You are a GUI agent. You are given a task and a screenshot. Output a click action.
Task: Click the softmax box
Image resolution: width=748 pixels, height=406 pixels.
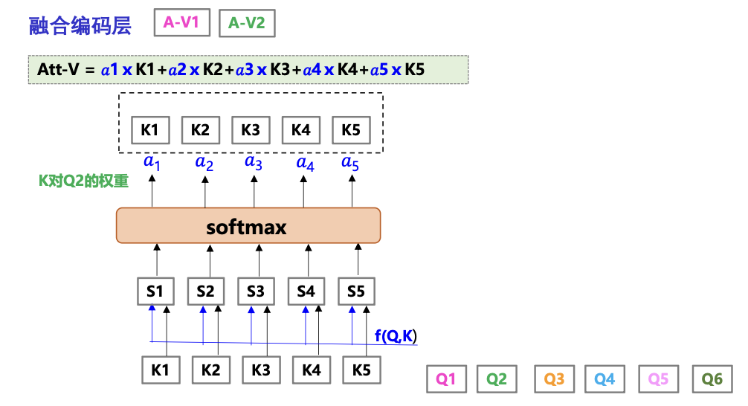248,225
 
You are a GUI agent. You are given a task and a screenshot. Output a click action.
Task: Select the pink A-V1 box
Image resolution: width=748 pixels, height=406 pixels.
181,23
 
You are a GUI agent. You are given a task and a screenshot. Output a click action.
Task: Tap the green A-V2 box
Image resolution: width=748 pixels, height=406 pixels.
246,23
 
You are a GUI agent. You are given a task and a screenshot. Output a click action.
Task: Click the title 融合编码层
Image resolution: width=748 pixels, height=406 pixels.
80,25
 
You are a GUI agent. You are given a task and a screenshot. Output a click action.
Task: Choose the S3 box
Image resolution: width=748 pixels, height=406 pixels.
256,291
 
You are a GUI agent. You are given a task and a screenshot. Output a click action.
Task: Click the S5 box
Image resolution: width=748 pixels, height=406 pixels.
356,291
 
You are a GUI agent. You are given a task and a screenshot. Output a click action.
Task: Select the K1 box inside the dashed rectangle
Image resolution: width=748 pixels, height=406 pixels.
150,130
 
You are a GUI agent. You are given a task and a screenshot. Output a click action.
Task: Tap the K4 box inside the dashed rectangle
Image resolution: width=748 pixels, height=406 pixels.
300,130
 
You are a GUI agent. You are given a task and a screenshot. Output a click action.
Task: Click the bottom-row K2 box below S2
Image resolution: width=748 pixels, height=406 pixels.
211,370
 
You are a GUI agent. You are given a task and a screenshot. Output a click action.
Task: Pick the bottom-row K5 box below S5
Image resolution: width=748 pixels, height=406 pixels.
361,370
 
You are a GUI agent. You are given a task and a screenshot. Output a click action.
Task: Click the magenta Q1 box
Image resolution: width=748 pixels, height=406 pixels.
446,379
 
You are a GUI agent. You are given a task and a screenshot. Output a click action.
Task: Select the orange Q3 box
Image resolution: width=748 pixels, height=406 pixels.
555,379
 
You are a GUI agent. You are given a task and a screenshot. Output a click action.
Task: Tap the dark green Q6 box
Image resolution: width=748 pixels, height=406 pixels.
712,379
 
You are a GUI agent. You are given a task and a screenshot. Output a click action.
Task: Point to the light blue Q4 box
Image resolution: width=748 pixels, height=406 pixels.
604,379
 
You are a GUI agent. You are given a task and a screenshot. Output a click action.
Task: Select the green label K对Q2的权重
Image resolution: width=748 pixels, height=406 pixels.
83,181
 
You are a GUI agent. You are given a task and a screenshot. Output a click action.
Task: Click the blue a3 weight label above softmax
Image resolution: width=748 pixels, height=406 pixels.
254,162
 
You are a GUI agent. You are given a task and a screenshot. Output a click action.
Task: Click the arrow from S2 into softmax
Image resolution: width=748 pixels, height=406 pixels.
207,260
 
